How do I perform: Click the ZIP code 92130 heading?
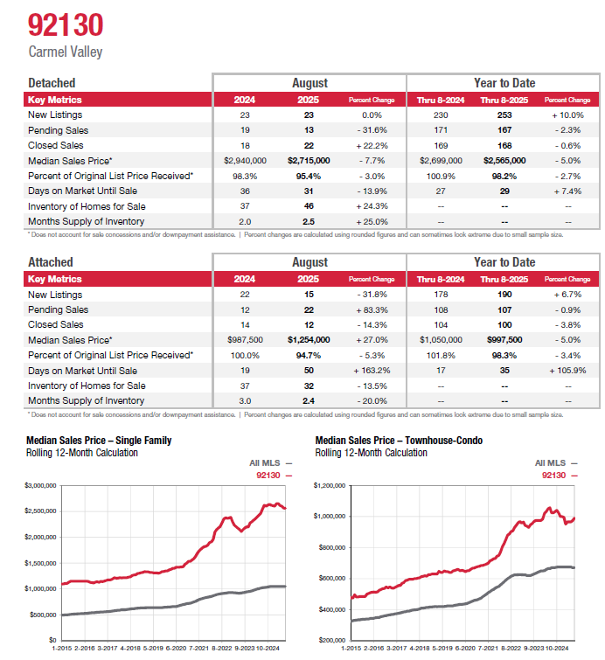pyautogui.click(x=66, y=24)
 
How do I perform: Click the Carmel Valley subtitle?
pyautogui.click(x=66, y=52)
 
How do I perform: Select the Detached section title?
pyautogui.click(x=52, y=83)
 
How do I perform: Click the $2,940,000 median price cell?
pyautogui.click(x=245, y=161)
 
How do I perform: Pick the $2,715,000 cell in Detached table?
pyautogui.click(x=309, y=161)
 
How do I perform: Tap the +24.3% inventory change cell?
pyautogui.click(x=372, y=206)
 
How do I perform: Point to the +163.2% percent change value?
pyautogui.click(x=372, y=371)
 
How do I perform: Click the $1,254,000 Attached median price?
pyautogui.click(x=309, y=340)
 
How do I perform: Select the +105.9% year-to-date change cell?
pyautogui.click(x=567, y=371)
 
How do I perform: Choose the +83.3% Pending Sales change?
pyautogui.click(x=372, y=309)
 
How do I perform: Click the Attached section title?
pyautogui.click(x=52, y=262)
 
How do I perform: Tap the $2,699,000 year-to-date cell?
pyautogui.click(x=440, y=161)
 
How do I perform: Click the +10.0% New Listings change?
pyautogui.click(x=567, y=115)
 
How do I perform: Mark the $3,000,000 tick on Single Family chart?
pyautogui.click(x=40, y=484)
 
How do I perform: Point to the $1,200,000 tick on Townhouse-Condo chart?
pyautogui.click(x=330, y=484)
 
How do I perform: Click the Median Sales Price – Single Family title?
pyautogui.click(x=99, y=441)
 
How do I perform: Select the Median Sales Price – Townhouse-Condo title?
pyautogui.click(x=399, y=441)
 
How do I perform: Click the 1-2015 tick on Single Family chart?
pyautogui.click(x=61, y=649)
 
